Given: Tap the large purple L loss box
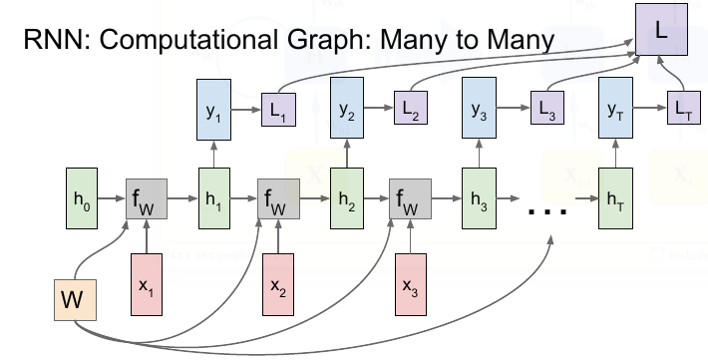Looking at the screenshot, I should tap(659, 33).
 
